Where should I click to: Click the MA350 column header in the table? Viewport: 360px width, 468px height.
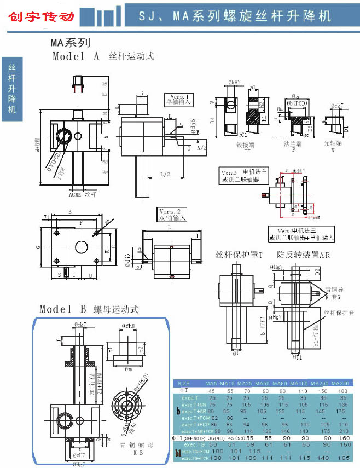coord(340,383)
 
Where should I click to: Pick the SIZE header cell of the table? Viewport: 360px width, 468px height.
coord(184,383)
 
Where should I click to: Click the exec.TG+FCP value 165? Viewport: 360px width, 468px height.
coord(340,459)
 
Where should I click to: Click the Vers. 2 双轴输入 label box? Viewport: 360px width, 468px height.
coord(172,215)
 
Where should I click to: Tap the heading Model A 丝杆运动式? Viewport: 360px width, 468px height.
coord(103,56)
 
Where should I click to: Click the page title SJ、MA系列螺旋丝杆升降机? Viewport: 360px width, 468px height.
coord(235,15)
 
